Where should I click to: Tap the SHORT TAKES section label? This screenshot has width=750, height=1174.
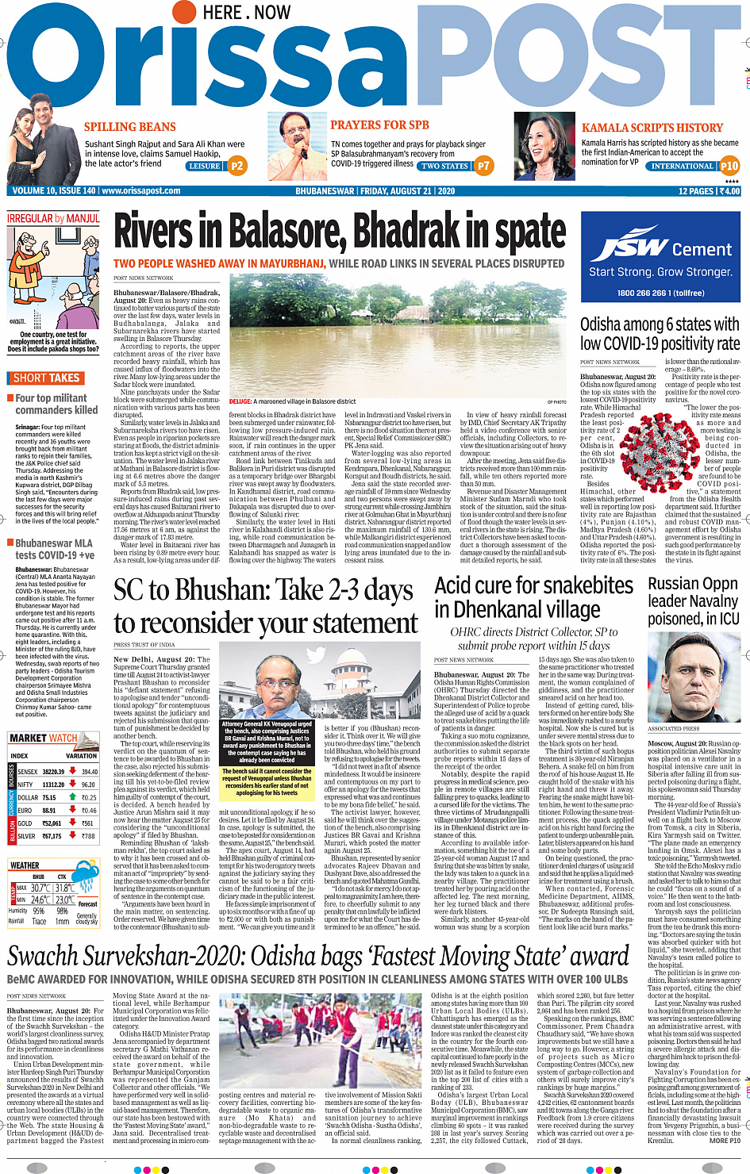pos(46,378)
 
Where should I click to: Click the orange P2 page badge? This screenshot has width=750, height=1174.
pos(237,166)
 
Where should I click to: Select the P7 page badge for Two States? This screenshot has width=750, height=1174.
pos(484,166)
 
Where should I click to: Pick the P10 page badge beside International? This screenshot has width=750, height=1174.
pos(729,166)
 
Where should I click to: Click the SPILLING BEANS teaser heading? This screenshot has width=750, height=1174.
pos(130,127)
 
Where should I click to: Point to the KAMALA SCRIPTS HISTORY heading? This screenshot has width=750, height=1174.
pos(652,128)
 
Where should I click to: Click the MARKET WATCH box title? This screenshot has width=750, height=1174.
pos(44,738)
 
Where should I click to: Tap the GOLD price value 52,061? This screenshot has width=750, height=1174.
pos(52,823)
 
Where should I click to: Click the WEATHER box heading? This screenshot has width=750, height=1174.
pos(25,865)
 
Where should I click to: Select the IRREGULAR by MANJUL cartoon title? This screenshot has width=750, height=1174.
pos(53,218)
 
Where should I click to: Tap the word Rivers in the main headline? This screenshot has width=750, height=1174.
pos(154,232)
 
